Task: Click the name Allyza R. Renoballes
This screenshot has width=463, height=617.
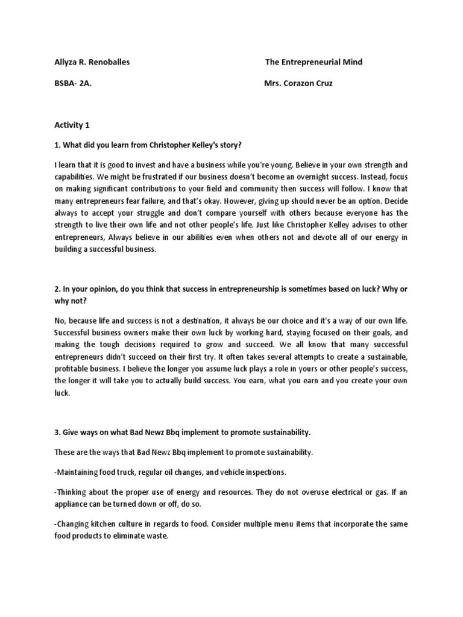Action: coord(91,62)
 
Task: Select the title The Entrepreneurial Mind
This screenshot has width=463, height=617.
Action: coord(313,62)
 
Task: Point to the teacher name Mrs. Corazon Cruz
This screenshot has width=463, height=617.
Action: coord(298,84)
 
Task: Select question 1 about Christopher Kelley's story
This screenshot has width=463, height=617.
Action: coord(148,145)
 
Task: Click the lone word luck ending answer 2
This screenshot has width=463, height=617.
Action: coord(61,393)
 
